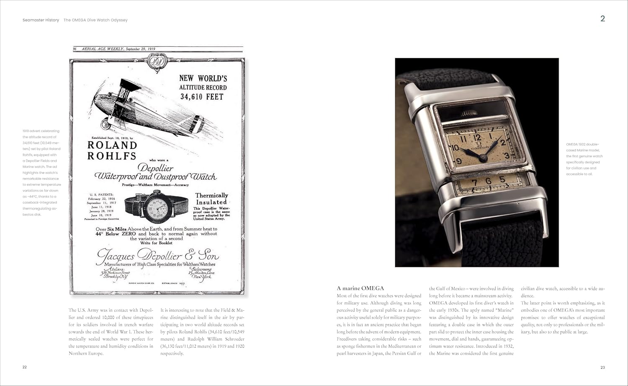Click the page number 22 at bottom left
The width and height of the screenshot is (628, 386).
(x=25, y=367)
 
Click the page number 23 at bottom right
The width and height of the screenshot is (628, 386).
(x=602, y=368)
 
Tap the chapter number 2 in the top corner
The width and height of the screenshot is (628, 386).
(x=602, y=18)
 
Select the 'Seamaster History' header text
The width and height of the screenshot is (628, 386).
(x=41, y=20)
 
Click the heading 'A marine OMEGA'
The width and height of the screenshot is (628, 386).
(x=360, y=288)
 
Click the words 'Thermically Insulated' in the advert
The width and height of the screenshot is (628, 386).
(x=211, y=199)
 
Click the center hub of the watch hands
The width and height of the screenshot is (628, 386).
(x=483, y=157)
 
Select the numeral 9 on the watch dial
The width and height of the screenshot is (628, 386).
(x=459, y=161)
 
